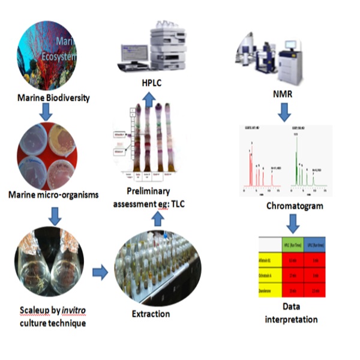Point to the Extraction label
[151, 313]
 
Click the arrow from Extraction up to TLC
[158, 219]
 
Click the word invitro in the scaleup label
[65, 313]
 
